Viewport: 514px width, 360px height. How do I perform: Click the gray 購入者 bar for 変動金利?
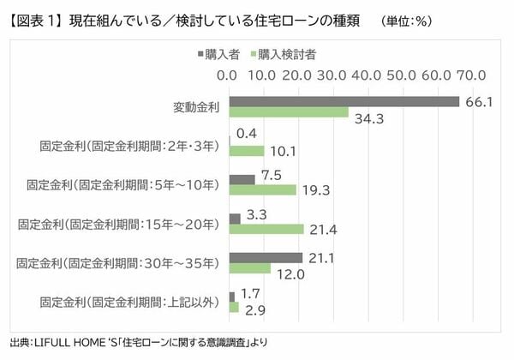pos(344,101)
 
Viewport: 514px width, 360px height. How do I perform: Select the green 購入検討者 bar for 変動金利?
pos(288,113)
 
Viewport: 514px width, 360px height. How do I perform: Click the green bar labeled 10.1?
pos(246,151)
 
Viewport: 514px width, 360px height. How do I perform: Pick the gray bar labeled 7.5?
pos(242,179)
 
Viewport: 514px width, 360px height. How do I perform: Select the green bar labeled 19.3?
pos(262,190)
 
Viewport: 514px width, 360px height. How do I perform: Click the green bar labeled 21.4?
pos(266,229)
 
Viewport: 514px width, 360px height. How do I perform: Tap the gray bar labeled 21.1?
pos(266,257)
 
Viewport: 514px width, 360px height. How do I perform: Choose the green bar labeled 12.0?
pos(249,268)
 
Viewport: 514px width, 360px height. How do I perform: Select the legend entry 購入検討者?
pos(287,53)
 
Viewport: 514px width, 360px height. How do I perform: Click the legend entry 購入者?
pos(224,53)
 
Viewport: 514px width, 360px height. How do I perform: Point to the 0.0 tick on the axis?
pos(229,75)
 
